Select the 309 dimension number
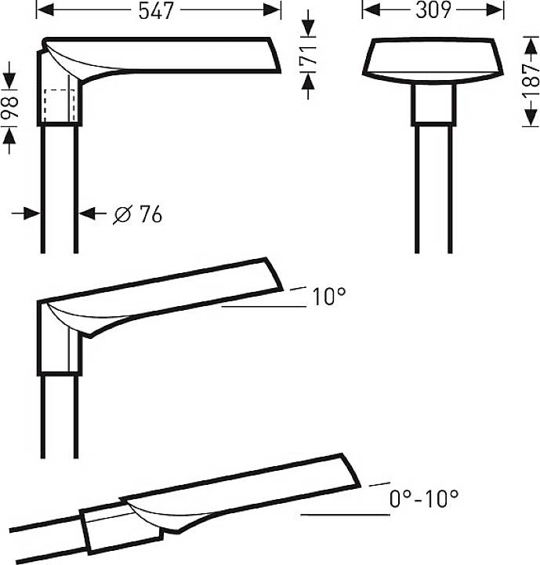tap(433, 10)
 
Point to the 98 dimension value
tap(10, 108)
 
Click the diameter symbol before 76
tap(121, 213)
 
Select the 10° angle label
tap(328, 297)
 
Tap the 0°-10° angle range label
tap(423, 498)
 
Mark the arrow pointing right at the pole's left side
tap(31, 213)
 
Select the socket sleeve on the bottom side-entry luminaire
tap(121, 528)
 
